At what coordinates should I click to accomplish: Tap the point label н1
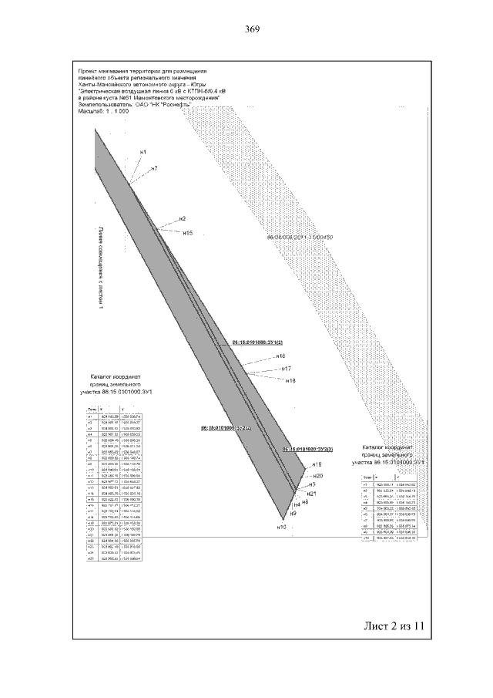143,152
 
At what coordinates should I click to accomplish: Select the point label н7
154,168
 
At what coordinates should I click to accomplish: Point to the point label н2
183,218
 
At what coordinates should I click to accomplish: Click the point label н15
188,232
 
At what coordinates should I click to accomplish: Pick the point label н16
280,356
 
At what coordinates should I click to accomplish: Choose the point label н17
286,369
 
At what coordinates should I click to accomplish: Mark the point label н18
290,381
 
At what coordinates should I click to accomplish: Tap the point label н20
319,476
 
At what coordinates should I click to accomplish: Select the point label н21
311,493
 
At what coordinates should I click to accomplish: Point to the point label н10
281,527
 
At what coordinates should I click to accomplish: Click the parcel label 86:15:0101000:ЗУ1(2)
258,341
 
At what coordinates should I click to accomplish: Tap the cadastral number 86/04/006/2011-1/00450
298,238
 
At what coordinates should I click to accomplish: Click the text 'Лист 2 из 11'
393,626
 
